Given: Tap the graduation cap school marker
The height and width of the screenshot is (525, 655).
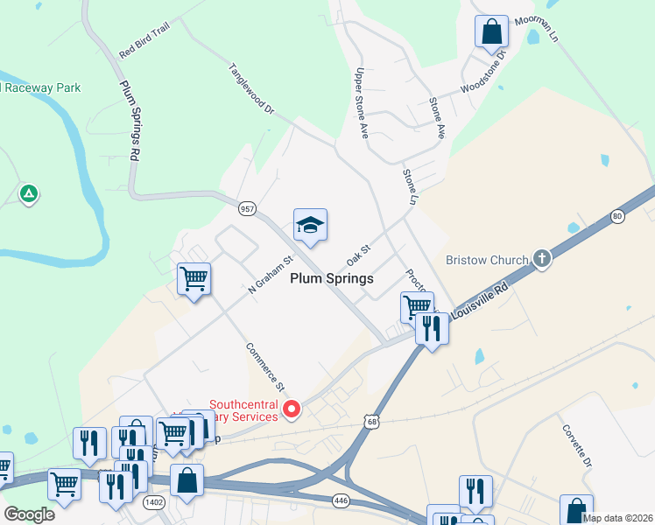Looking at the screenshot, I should coord(310,227).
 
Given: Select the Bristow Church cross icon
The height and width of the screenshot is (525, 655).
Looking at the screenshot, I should coord(542,259).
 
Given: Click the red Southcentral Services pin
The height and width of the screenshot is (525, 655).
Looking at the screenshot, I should coord(292,409).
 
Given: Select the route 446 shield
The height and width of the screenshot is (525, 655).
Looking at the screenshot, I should coord(341,500).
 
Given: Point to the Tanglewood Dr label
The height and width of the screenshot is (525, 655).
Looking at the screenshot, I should coord(251,89).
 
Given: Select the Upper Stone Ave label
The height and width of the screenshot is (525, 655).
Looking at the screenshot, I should coord(360,103).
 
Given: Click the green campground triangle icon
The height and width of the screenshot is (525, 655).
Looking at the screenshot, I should coord(29,192).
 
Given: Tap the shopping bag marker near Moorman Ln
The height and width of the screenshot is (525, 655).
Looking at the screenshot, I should coord(491,32).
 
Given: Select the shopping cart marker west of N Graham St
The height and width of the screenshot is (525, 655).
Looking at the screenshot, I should coord(194,280).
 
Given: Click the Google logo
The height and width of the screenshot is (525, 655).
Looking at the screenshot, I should coord(29,514).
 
